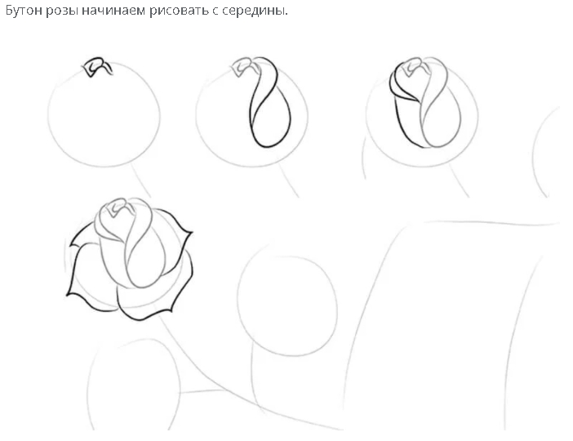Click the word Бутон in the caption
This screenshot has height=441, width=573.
(x=24, y=11)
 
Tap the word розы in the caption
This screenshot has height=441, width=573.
(x=62, y=11)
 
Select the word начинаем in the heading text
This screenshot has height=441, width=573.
(x=113, y=11)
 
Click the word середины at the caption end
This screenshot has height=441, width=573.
(x=255, y=11)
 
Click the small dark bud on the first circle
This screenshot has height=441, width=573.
(x=97, y=67)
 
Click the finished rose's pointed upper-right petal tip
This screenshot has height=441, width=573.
(x=192, y=232)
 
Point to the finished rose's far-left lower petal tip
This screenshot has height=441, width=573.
(x=67, y=294)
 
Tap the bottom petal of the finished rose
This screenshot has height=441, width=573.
(x=146, y=304)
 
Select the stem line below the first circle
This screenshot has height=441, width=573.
(x=141, y=180)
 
